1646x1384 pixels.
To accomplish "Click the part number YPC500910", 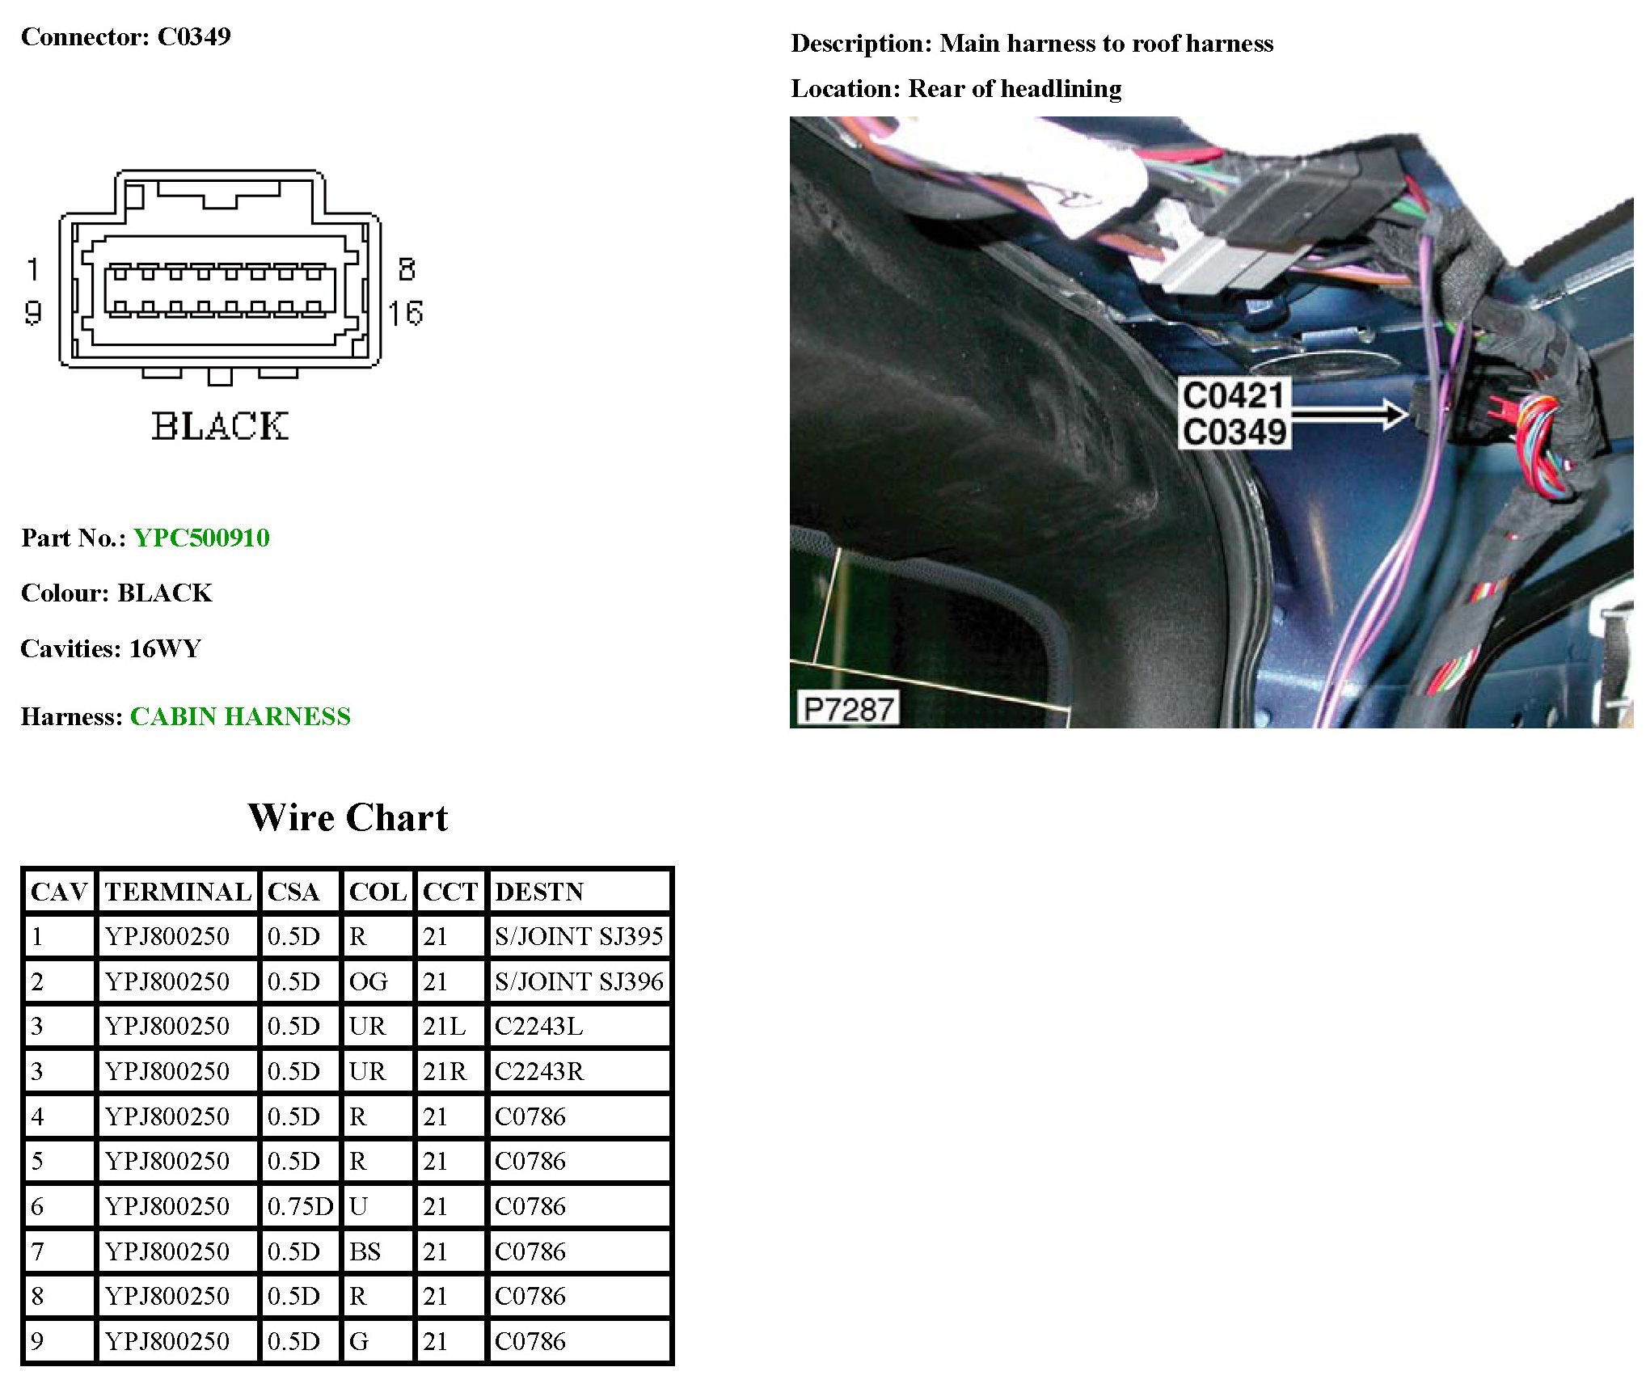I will coord(201,538).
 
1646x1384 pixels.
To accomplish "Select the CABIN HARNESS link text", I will coord(240,716).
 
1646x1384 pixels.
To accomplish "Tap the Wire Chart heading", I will coord(348,817).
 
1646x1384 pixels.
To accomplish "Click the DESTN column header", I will coord(538,892).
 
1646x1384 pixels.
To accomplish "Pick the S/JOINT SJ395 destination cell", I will coord(579,936).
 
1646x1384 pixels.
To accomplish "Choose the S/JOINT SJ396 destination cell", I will coord(579,981).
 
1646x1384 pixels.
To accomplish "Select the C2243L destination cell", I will coord(538,1026).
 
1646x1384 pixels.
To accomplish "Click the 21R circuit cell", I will coord(444,1071).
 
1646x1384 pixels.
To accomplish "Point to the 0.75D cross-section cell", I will coord(300,1206).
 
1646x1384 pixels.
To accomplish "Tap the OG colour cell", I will coord(368,981).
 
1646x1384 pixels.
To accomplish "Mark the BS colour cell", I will coord(365,1251).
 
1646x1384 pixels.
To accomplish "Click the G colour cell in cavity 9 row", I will coord(359,1341).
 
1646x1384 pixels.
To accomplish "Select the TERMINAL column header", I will coord(178,892).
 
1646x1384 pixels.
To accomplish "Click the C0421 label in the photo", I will coord(1232,396).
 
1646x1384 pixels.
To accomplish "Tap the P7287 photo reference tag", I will coord(848,709).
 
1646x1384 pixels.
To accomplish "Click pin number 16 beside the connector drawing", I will coord(405,313).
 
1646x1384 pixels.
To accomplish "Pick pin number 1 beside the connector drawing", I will coord(33,269).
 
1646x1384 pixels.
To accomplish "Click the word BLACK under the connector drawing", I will coord(220,426).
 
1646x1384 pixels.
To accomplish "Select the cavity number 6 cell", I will coord(37,1206).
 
